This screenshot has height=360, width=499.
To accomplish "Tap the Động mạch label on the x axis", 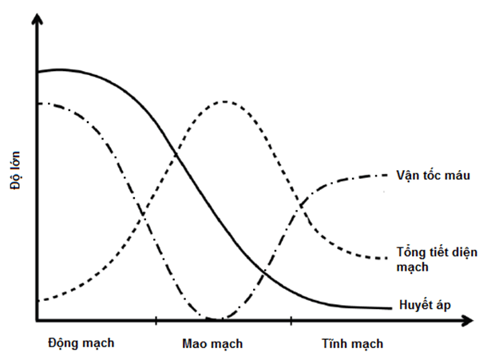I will click(81, 343).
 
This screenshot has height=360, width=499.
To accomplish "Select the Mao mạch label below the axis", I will click(212, 344).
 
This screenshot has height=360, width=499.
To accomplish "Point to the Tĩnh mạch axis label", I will click(352, 344).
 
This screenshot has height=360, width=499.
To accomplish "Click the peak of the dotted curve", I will click(226, 101).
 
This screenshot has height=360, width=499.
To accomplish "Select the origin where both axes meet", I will click(36, 321).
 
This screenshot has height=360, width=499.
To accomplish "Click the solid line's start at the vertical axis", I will click(38, 73).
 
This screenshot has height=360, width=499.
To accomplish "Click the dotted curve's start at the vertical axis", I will click(38, 300).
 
